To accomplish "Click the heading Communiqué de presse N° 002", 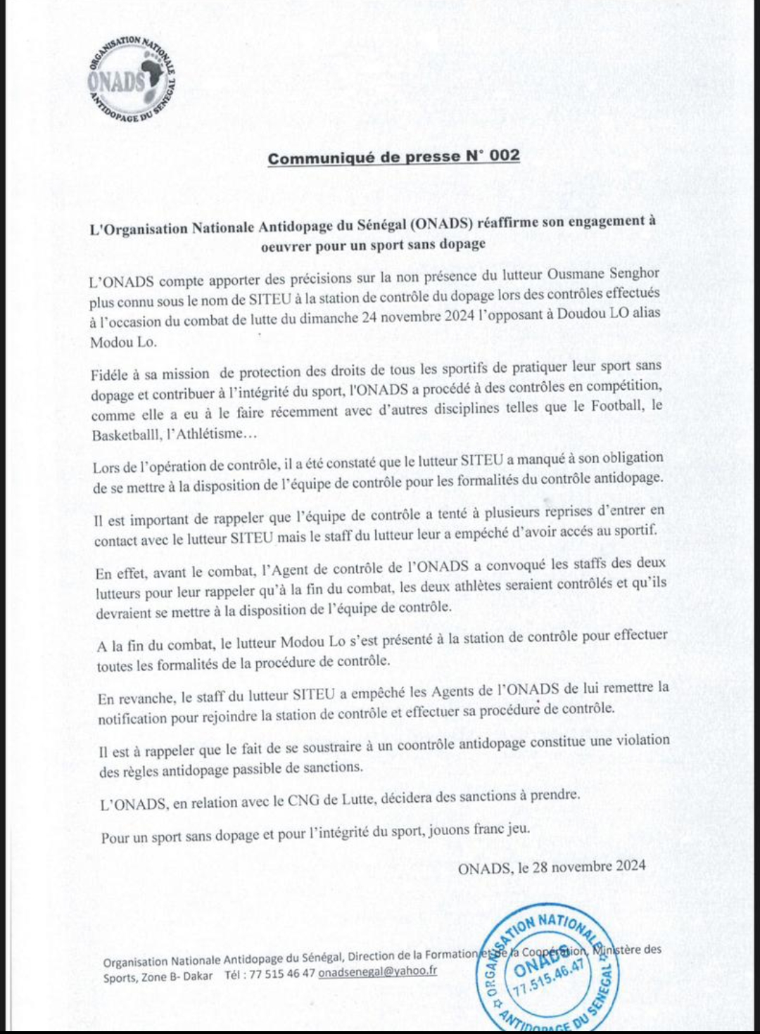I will point(393,157).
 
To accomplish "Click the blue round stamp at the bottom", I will point(548,967).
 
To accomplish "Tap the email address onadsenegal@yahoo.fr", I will point(377,971).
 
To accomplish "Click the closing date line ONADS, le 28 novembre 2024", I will point(551,867).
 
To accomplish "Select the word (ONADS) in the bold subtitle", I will point(440,224).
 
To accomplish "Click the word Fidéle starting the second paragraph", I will point(109,375).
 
